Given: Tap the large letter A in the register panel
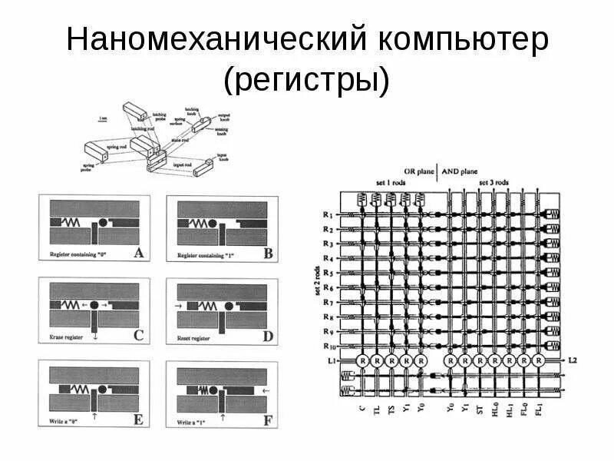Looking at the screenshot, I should click(x=137, y=252).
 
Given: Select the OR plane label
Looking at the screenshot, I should click(x=418, y=172).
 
